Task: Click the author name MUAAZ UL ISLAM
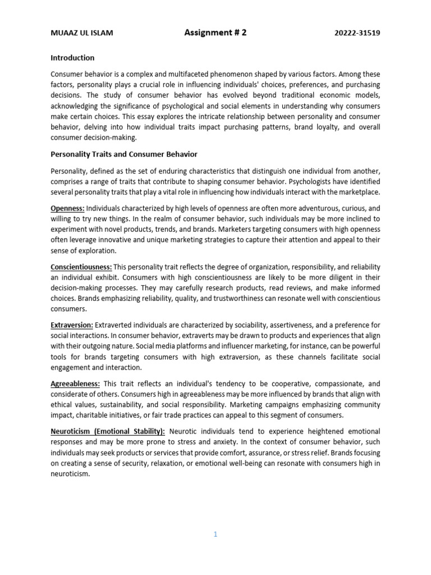(81, 33)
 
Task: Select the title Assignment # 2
(215, 33)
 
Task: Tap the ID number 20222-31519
(356, 33)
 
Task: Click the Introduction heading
(72, 58)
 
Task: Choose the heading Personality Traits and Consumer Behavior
(124, 154)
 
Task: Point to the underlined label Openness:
(67, 208)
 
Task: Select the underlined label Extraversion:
(72, 325)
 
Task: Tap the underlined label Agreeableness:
(75, 384)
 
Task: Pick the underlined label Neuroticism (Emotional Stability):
(108, 431)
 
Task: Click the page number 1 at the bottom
(215, 535)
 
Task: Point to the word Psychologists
(305, 181)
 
